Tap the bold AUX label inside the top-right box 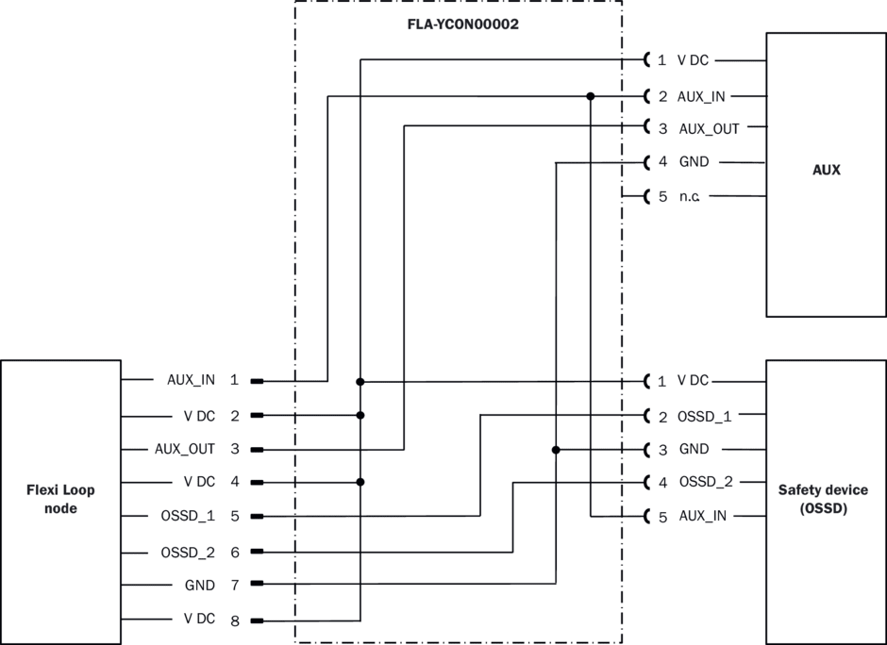[x=826, y=171]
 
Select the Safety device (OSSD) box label [x=826, y=499]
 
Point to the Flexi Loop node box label [x=61, y=499]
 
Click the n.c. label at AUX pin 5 [x=690, y=196]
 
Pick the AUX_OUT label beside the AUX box [x=710, y=128]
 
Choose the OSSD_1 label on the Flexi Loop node [x=188, y=517]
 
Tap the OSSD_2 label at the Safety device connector [x=706, y=483]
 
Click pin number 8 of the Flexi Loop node [x=234, y=620]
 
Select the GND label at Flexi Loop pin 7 [x=200, y=586]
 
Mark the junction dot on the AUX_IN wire [x=591, y=95]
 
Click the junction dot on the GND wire [x=556, y=450]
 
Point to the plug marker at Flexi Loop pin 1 [x=257, y=381]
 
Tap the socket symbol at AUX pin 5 [x=647, y=196]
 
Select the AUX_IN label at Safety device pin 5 [x=703, y=517]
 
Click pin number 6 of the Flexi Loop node [x=234, y=553]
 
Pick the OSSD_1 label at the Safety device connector [x=705, y=416]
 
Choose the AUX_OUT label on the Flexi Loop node [x=185, y=449]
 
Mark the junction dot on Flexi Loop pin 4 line [x=360, y=482]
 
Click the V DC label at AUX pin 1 [x=693, y=60]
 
